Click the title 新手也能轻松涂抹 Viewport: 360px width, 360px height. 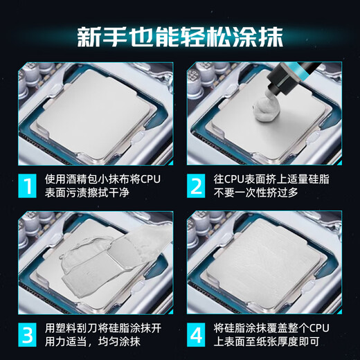point(180,35)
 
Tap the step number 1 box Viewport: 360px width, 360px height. point(28,187)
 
